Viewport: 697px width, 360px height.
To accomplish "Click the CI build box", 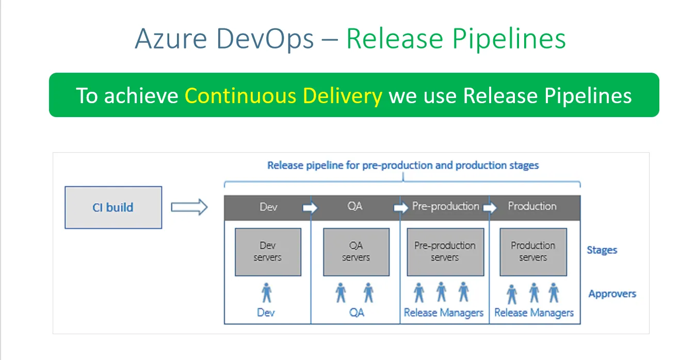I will point(113,207).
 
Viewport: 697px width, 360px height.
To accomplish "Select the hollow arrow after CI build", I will point(189,207).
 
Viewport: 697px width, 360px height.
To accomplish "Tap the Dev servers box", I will point(268,252).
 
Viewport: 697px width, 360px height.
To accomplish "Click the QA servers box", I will point(355,252).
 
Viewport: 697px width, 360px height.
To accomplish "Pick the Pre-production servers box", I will point(445,252).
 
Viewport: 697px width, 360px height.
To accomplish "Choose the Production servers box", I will point(533,252).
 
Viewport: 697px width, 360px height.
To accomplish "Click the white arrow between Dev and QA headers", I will point(310,208).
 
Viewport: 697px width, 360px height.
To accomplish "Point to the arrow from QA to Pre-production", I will point(400,208).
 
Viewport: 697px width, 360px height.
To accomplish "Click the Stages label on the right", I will point(602,250).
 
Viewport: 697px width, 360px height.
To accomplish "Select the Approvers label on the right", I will point(612,294).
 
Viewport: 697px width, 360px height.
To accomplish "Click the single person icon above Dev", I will point(266,292).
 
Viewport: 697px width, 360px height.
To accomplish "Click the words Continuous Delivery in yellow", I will point(283,95).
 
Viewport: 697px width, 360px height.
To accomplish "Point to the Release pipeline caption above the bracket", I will point(402,166).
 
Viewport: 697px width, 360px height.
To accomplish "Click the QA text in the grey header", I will point(355,206).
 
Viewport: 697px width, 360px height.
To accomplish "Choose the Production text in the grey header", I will point(532,206).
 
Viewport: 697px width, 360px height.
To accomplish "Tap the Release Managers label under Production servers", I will point(533,313).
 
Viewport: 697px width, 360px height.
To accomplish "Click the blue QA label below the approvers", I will point(356,313).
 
